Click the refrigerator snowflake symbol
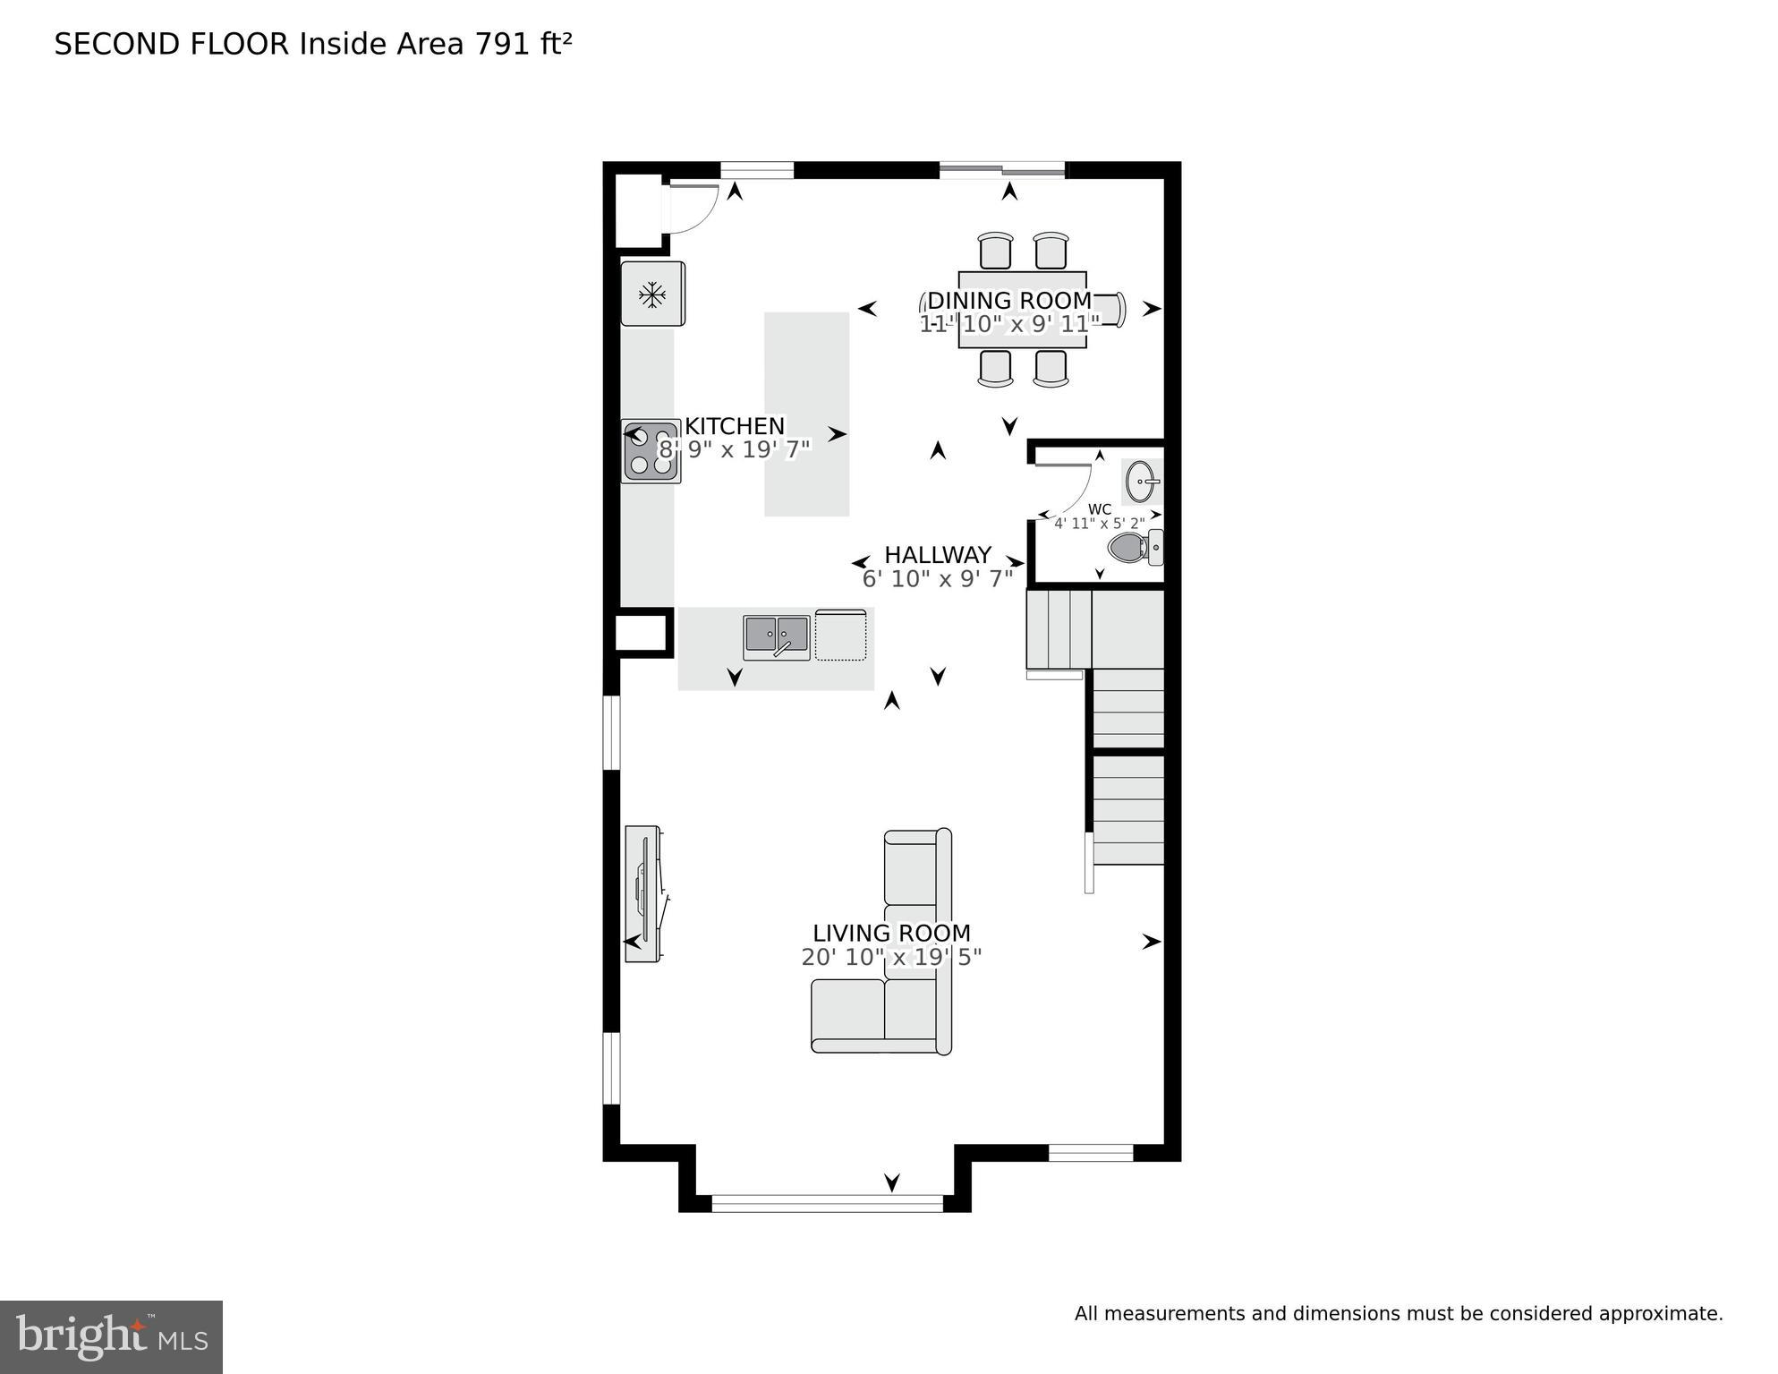pos(652,294)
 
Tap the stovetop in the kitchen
pos(651,452)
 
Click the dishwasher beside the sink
pos(840,636)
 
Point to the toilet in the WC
pos(1131,547)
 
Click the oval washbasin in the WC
pos(1141,482)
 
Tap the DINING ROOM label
pos(1008,301)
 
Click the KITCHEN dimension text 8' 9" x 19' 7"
pos(734,449)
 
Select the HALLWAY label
pos(937,555)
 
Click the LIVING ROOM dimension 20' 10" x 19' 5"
pos(891,958)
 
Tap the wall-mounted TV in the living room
pos(642,892)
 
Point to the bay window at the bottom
pos(827,1203)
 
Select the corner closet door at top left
pos(691,209)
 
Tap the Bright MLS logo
pos(111,1336)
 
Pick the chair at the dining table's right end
pos(1110,310)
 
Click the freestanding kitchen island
pos(806,414)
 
